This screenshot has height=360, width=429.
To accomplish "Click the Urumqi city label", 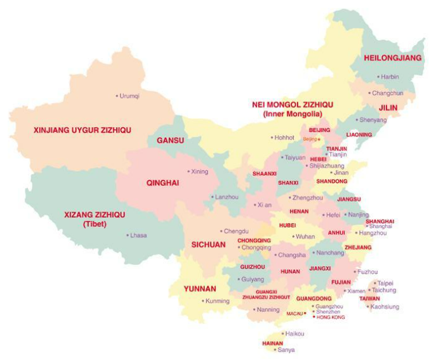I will [129, 96].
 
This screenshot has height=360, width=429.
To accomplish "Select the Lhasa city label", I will [138, 236].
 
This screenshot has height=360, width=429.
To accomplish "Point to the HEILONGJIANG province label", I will [392, 58].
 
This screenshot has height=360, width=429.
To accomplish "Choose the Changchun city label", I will [387, 93].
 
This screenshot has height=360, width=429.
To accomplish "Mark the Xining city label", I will [199, 171].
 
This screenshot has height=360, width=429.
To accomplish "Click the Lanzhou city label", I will [227, 197].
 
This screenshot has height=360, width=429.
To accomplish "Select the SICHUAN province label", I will [208, 244].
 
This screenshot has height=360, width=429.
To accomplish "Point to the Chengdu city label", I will [236, 231].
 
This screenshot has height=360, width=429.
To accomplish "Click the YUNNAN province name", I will [200, 288].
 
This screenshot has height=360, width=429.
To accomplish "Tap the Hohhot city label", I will [284, 137].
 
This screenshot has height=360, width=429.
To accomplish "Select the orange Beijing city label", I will [309, 138].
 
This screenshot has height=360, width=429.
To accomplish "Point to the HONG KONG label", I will [331, 317].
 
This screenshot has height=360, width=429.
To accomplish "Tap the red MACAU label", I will [294, 314].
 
